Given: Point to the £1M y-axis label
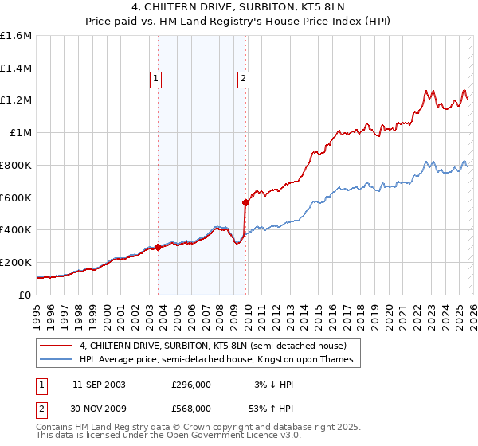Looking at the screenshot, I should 20,133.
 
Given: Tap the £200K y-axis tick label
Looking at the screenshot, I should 16,262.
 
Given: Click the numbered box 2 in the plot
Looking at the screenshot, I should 242,78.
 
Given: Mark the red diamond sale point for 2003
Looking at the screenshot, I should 159,247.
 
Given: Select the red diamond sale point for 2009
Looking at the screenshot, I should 246,202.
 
